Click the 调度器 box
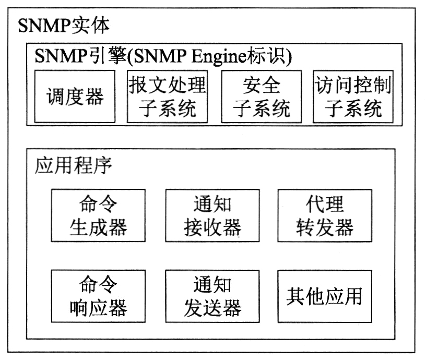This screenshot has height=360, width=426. point(75,97)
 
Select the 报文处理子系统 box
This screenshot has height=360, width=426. point(168,97)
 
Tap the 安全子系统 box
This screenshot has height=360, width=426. point(262,97)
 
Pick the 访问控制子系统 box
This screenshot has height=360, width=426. point(353,97)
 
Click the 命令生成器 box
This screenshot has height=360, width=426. point(98,215)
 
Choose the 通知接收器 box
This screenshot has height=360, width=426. point(212,215)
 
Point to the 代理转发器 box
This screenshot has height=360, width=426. point(325,215)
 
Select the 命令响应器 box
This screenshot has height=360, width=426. point(98,296)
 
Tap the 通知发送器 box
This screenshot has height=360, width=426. point(212,296)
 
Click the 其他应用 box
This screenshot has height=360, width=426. point(325,296)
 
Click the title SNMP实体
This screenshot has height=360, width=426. point(64,25)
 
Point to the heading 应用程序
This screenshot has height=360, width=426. point(73,165)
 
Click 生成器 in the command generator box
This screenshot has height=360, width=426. point(98,227)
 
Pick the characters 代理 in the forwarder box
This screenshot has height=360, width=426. point(325,204)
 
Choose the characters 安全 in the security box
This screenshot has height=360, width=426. point(262,85)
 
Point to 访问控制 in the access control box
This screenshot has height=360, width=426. point(353,85)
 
